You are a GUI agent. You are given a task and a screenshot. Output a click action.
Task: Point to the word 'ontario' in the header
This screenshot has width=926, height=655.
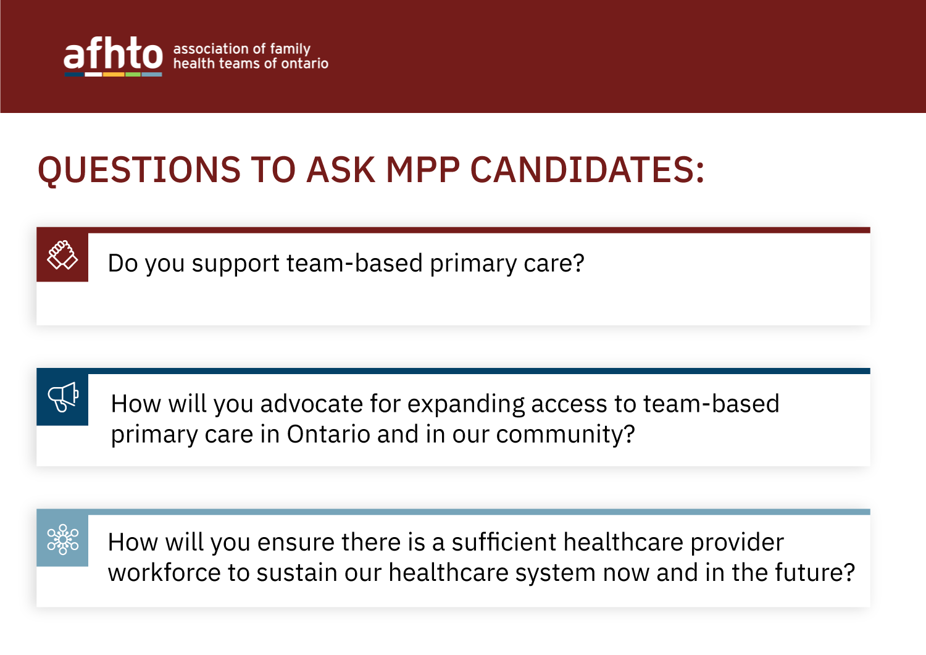point(305,64)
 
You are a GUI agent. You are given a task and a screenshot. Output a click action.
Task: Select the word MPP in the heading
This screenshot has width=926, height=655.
point(423,170)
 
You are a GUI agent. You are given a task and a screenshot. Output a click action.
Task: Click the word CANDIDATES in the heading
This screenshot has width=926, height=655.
point(586,170)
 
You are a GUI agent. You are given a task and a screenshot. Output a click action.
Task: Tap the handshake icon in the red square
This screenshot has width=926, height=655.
point(62,256)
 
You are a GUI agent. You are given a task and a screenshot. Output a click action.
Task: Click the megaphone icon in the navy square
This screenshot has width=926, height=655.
point(62,397)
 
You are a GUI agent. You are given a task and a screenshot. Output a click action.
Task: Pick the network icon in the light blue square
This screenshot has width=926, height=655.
point(62,539)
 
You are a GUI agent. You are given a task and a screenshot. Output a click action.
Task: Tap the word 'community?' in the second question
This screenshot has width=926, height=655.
point(565,435)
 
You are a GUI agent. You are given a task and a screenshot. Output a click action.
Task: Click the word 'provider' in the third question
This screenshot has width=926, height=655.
point(736,543)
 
